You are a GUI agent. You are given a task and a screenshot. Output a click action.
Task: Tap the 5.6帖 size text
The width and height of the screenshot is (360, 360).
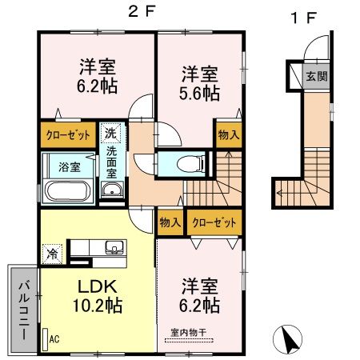click(x=198, y=93)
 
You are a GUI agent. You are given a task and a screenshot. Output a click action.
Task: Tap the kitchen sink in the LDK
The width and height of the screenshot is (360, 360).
click(x=114, y=246)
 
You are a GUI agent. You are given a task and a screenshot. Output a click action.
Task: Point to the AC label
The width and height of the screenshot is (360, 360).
click(x=54, y=339)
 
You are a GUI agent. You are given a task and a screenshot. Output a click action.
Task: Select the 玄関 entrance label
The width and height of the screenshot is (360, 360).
click(x=314, y=77)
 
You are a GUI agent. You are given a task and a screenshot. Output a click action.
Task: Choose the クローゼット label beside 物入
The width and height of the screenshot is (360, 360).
click(x=211, y=222)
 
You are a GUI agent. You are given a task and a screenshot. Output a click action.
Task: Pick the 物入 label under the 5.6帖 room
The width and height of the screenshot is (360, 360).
click(x=226, y=135)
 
